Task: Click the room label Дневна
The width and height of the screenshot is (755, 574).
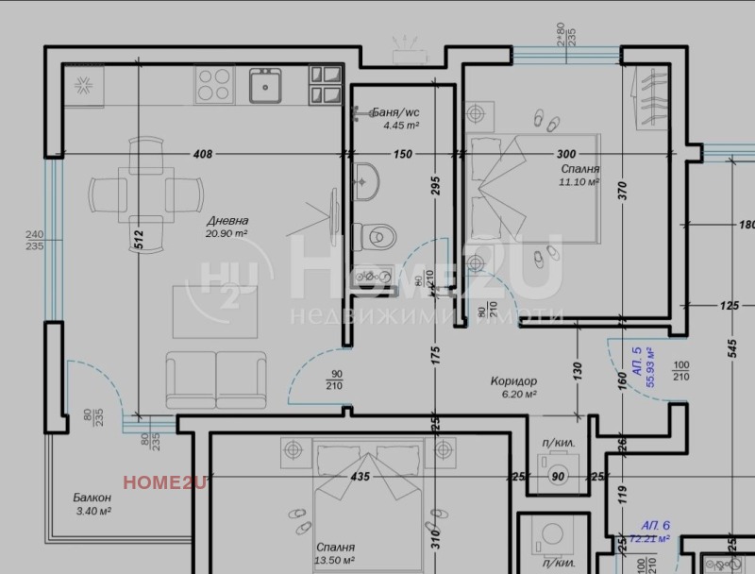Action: tap(226, 220)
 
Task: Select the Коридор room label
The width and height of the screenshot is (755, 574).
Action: tap(513, 380)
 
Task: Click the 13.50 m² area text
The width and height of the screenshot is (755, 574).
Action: tap(336, 559)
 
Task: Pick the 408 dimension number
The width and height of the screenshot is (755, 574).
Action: tap(202, 154)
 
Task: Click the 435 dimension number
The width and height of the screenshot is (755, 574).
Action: tap(360, 478)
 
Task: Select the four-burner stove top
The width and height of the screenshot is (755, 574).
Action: tap(214, 88)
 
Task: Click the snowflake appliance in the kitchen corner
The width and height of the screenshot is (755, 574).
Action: tap(83, 89)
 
